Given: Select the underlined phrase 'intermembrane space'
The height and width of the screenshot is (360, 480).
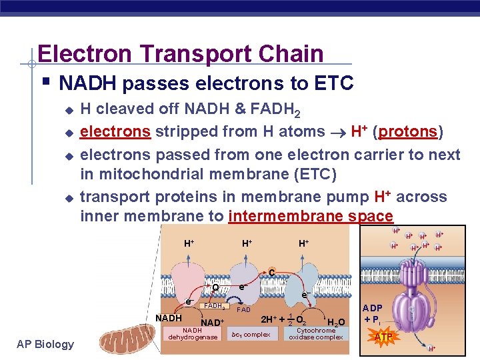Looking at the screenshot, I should (311, 216).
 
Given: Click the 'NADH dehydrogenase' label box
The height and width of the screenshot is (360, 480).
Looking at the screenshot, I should (193, 333).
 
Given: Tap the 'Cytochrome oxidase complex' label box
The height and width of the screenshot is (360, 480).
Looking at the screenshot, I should (315, 333).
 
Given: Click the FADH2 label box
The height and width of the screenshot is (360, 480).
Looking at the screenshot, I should (215, 306).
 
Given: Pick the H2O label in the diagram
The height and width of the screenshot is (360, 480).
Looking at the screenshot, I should (336, 323).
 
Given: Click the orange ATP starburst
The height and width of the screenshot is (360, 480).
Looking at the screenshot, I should (383, 337).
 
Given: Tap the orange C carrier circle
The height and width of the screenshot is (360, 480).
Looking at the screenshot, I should (271, 271).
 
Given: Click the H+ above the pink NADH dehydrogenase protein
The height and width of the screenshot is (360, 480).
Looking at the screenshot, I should (189, 244).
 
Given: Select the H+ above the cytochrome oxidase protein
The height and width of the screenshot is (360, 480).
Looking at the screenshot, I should (303, 244).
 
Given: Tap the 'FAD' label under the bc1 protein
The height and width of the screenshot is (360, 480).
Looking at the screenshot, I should (244, 310).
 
